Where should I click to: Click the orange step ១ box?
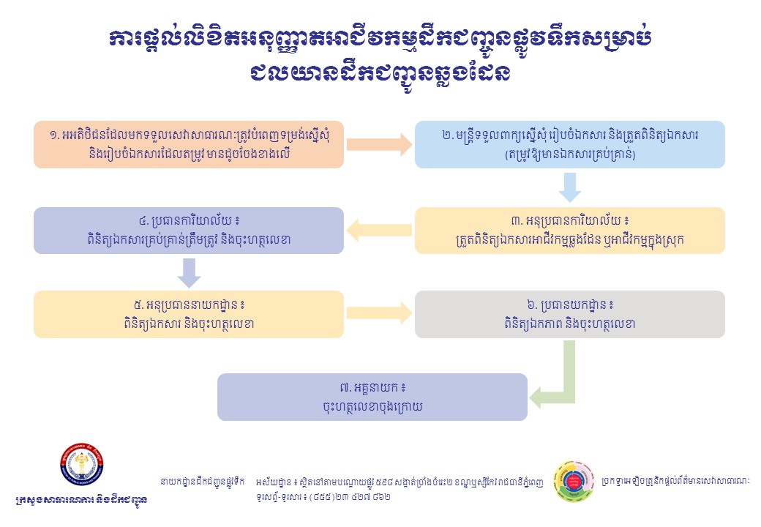click(189, 144)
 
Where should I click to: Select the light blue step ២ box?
click(569, 144)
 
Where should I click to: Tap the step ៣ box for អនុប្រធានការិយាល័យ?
click(569, 231)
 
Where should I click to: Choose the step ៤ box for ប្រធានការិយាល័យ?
click(189, 231)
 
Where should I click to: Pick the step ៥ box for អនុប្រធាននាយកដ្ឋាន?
click(189, 314)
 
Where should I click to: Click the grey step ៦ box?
click(569, 314)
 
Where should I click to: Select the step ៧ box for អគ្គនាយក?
click(372, 397)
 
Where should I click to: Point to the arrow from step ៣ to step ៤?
click(379, 231)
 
